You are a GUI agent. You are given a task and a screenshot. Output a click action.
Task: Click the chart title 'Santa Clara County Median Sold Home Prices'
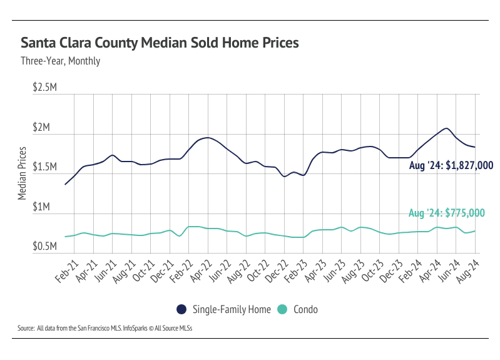point(160,43)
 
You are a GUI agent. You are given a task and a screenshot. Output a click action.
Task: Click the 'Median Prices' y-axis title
point(23,173)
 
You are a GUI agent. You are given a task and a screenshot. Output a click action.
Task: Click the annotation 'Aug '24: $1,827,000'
point(451,166)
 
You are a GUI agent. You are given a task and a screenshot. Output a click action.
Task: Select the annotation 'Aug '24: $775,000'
point(446,213)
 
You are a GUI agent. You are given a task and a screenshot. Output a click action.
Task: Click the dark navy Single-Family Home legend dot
point(181,309)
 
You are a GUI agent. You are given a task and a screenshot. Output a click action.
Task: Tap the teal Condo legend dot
point(282,309)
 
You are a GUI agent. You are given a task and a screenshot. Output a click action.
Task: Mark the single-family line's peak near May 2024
point(446,128)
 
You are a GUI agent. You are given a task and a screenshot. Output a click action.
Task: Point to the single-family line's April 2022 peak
point(208,138)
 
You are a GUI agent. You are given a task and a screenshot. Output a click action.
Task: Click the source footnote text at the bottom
point(105,327)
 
